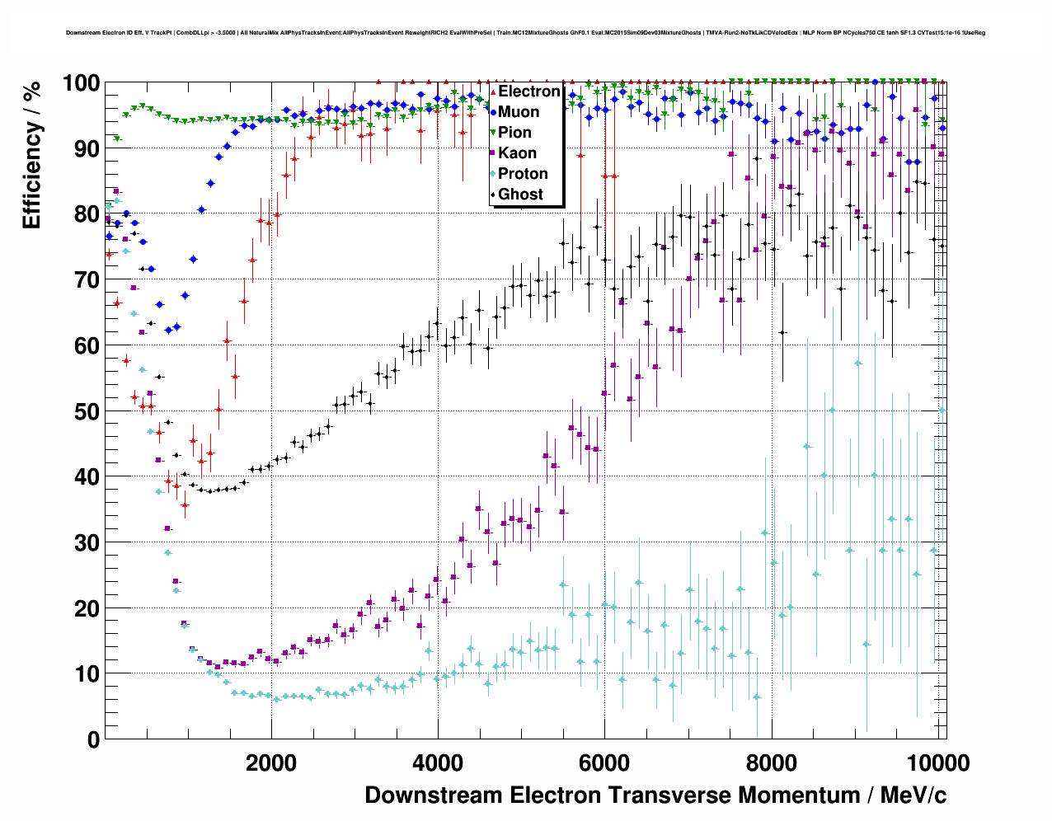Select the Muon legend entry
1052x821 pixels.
[519, 112]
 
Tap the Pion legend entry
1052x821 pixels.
[514, 133]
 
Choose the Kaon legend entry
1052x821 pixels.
[517, 153]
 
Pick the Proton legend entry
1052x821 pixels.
[523, 174]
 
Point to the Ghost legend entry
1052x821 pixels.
[520, 195]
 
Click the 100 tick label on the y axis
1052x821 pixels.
[82, 83]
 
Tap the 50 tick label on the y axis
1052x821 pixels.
[87, 411]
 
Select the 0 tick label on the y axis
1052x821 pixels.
[93, 739]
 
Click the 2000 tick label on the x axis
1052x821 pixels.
[271, 762]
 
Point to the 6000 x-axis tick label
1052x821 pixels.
[604, 762]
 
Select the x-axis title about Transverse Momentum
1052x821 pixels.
[655, 795]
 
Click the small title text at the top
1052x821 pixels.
[525, 33]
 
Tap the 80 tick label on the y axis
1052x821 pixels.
[87, 214]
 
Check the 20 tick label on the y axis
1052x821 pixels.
[87, 608]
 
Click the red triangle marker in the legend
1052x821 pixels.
[493, 91]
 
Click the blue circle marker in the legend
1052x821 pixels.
[493, 112]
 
